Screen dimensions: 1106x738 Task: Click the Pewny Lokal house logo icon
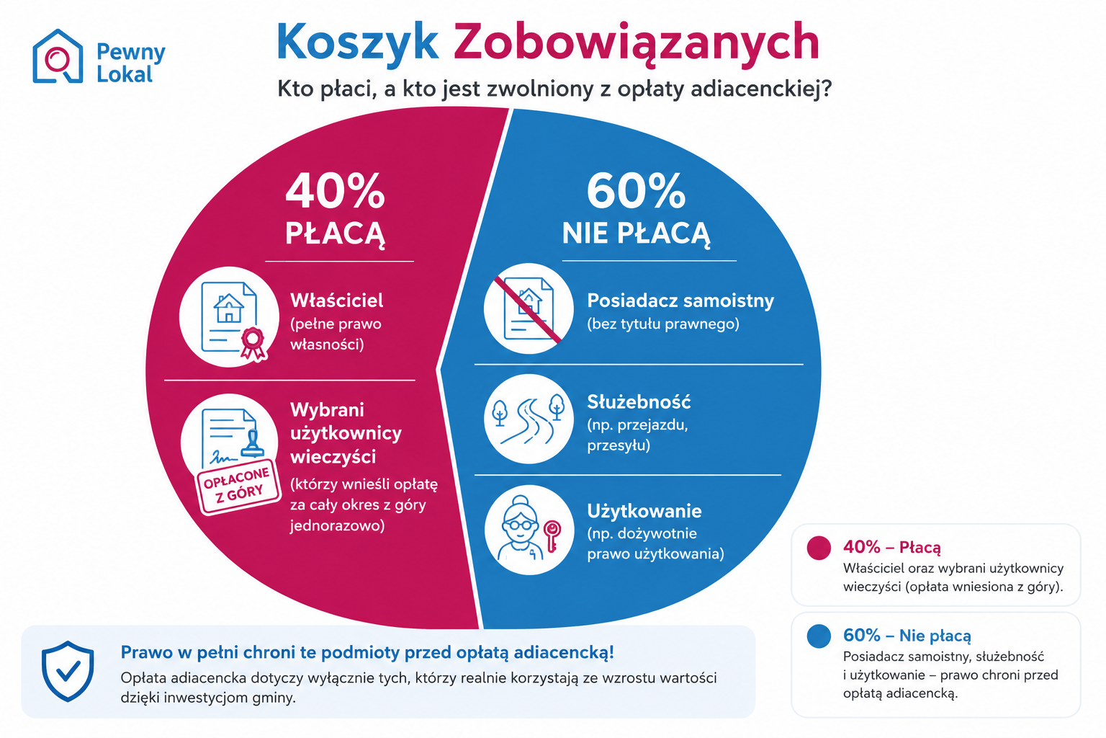tap(58, 56)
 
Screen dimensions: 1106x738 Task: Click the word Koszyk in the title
tap(357, 42)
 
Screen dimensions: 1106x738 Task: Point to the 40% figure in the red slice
tap(335, 191)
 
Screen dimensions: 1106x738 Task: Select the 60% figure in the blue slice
tap(636, 191)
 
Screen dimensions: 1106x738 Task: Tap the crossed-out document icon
tap(529, 309)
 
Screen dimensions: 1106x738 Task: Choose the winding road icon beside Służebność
tap(529, 419)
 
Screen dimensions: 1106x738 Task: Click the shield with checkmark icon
tap(68, 671)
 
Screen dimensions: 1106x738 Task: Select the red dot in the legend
tap(819, 548)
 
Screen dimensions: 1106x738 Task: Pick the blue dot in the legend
tap(819, 636)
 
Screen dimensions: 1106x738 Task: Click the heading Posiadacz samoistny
tap(680, 301)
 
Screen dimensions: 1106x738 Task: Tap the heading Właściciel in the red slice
tap(337, 300)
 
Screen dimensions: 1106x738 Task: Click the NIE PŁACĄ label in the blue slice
tap(636, 234)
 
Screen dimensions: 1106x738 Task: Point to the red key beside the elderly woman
tap(552, 535)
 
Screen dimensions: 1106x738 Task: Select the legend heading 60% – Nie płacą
tap(907, 635)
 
